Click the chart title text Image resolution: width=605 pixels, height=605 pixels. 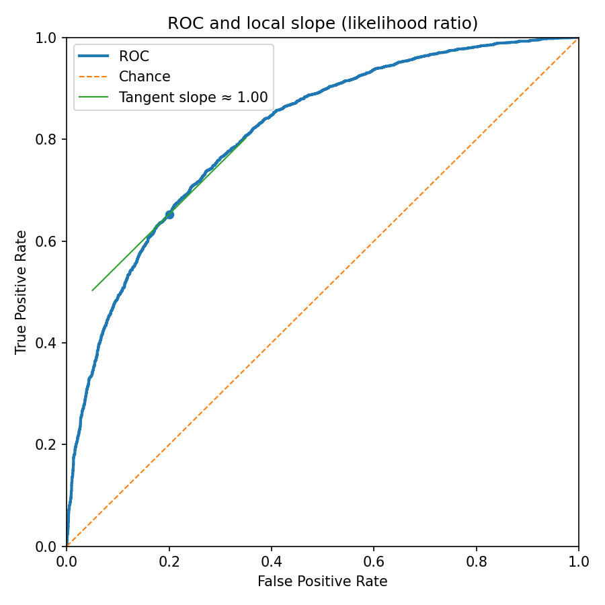(323, 23)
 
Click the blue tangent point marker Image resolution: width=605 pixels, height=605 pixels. (169, 214)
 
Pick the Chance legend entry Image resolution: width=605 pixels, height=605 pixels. (145, 77)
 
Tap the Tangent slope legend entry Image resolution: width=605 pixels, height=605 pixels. (193, 97)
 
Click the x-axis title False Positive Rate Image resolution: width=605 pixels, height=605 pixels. (323, 581)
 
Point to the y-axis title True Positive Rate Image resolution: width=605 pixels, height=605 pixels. (22, 292)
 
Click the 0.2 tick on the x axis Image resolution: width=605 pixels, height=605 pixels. (169, 560)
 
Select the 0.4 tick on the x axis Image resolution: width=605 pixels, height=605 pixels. (272, 560)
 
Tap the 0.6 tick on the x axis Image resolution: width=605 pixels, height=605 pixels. (374, 560)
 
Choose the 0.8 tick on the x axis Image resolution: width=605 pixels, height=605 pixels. (476, 560)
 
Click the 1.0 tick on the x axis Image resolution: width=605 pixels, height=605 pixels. (578, 560)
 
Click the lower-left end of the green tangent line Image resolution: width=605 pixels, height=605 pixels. (93, 290)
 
